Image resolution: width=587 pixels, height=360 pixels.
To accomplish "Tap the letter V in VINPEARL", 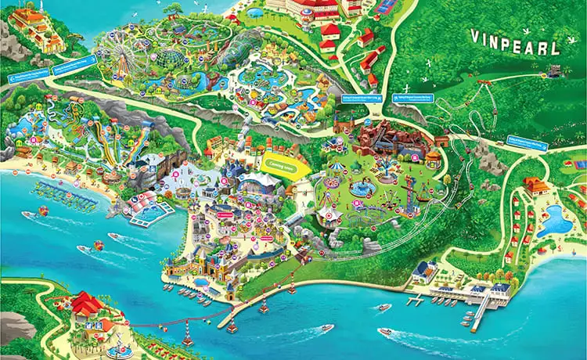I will click(x=474, y=36).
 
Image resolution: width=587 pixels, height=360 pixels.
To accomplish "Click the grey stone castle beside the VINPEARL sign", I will click(x=555, y=70).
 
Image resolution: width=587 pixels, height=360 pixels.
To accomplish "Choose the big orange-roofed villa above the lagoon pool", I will click(x=537, y=185).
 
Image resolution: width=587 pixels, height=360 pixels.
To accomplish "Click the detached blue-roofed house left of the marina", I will click(x=424, y=271).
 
